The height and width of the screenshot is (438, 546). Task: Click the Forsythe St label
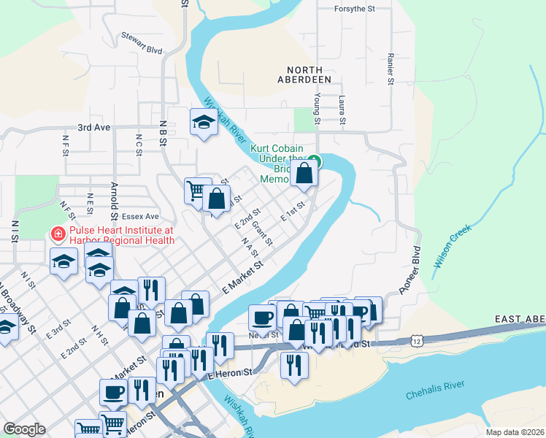click(x=354, y=9)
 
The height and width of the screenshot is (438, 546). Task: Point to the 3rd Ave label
click(x=93, y=127)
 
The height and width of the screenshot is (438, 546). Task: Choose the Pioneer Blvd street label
click(x=411, y=269)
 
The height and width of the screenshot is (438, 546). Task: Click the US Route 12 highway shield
click(x=416, y=341)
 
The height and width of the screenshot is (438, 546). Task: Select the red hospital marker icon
click(x=56, y=234)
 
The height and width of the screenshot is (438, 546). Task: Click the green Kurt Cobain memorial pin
click(x=313, y=161)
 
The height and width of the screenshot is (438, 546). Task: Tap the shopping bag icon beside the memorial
click(x=304, y=174)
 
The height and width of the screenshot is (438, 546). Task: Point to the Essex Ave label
click(x=140, y=216)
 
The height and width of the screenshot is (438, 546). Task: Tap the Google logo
click(x=24, y=429)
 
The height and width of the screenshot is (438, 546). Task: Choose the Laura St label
click(x=341, y=110)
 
